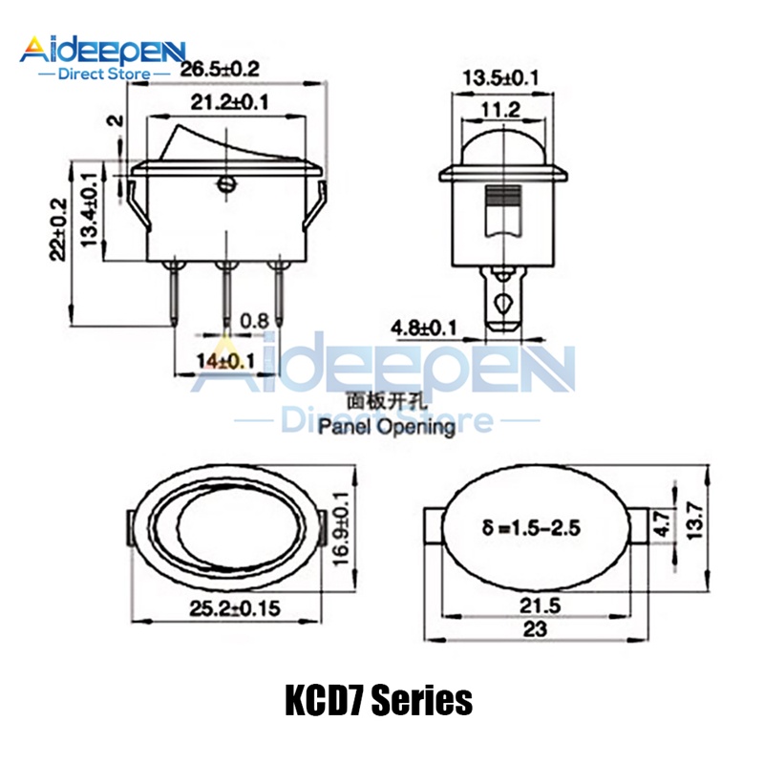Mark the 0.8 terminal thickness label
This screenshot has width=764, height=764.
(x=253, y=321)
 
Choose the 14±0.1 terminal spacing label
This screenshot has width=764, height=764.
(x=226, y=360)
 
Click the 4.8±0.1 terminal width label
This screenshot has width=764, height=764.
(x=424, y=330)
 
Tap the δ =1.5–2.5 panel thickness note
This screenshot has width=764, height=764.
(x=530, y=525)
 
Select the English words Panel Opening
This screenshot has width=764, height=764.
(x=386, y=427)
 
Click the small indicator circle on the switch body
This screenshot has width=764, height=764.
(x=226, y=185)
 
